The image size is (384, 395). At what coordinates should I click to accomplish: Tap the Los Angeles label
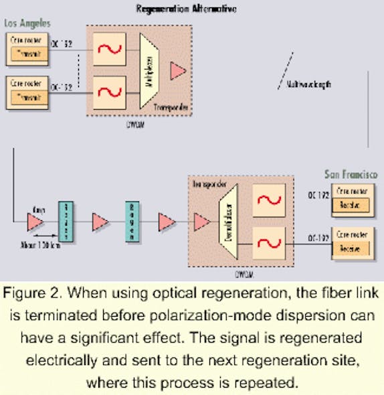pos(28,23)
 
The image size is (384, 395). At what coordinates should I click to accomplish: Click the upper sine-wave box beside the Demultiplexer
pos(267,199)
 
